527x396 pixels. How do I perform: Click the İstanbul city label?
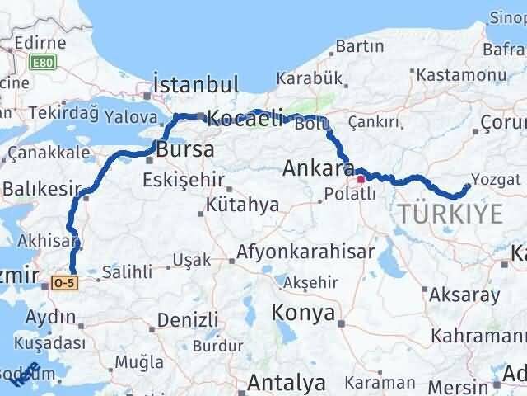pyautogui.click(x=196, y=84)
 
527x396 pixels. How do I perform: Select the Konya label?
pyautogui.click(x=305, y=313)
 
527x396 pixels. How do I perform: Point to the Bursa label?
pyautogui.click(x=185, y=151)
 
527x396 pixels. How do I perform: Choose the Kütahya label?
pyautogui.click(x=243, y=205)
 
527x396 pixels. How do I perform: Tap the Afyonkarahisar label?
pyautogui.click(x=305, y=251)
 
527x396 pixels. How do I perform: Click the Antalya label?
pyautogui.click(x=287, y=383)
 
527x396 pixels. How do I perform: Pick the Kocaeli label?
pyautogui.click(x=245, y=118)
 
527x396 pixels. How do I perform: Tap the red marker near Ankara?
pyautogui.click(x=361, y=178)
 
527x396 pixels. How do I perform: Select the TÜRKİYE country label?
pyautogui.click(x=450, y=214)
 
